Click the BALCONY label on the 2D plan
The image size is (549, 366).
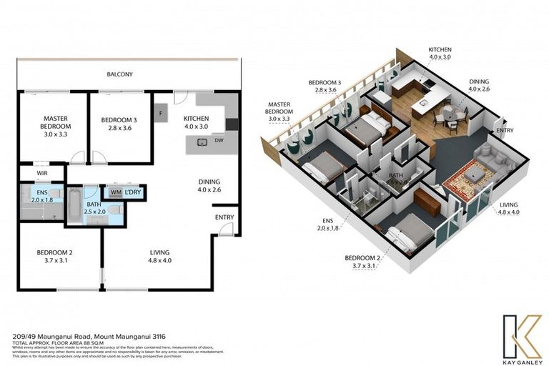click(119, 74)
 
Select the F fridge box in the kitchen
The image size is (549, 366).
click(161, 113)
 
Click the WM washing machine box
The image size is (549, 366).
click(115, 192)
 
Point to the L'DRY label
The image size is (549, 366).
click(132, 192)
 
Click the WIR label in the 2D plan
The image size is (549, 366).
click(31, 173)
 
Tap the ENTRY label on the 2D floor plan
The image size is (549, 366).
click(223, 217)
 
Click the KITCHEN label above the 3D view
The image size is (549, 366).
click(440, 50)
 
